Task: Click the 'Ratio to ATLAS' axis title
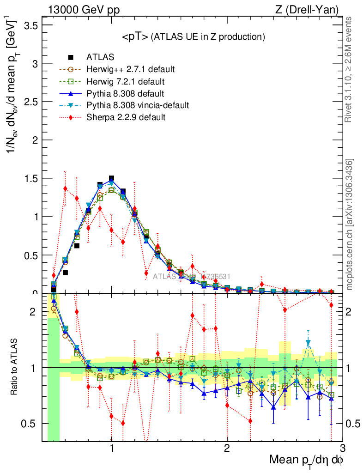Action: (x=14, y=367)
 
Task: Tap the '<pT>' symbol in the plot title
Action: (x=135, y=37)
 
